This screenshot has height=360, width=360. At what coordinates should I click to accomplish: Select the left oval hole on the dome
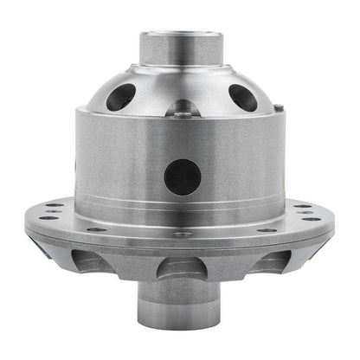(x=119, y=97)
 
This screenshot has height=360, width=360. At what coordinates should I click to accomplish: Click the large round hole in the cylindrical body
(x=182, y=177)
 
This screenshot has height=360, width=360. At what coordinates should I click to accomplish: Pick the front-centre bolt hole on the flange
(x=181, y=234)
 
